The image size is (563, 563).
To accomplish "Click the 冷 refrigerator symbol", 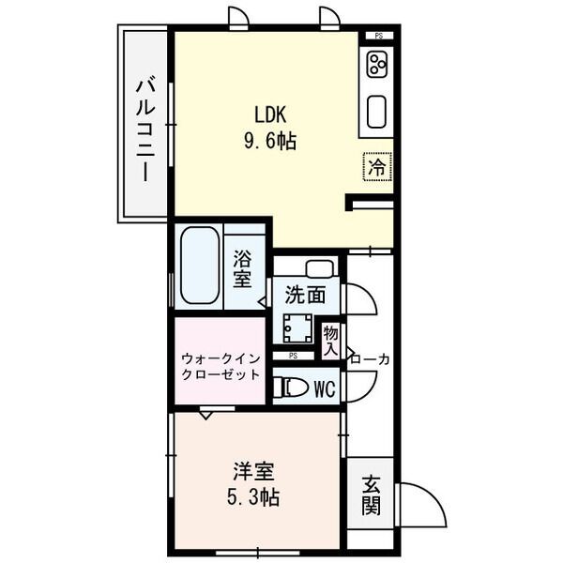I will [x=376, y=168].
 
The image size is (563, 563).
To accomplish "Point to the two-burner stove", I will [x=377, y=66].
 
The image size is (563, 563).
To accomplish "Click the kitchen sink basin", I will [x=378, y=113].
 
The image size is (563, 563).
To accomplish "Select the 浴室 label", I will [x=242, y=268].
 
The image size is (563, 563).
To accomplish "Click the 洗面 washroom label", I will [x=306, y=294].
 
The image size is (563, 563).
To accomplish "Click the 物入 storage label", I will [x=331, y=341].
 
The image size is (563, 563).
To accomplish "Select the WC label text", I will [x=326, y=388].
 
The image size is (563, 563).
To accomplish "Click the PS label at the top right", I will [x=378, y=36].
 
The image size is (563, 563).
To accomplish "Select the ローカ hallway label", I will [x=370, y=358].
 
